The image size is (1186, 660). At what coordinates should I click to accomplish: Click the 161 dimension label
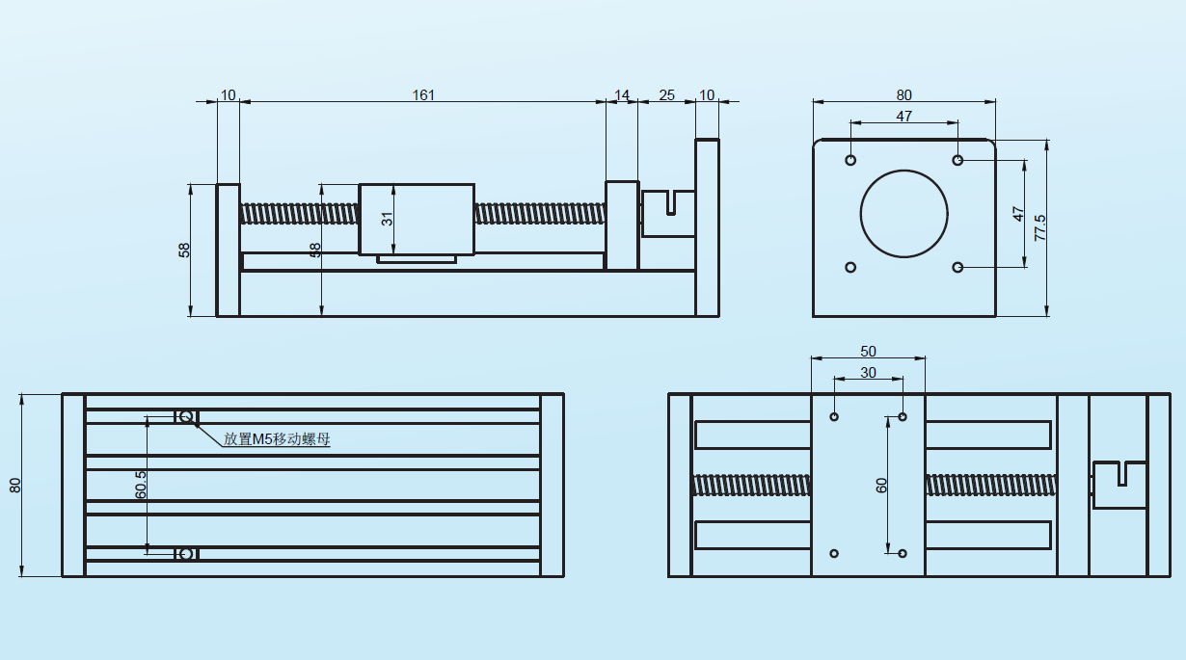point(423,95)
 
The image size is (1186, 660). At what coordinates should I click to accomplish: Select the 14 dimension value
point(622,95)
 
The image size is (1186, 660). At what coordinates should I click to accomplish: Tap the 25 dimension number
point(666,95)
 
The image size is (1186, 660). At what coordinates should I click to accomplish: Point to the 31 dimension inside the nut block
point(387,219)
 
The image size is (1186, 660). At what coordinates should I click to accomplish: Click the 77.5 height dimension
point(1039,227)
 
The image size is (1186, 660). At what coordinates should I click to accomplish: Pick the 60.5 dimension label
point(141,485)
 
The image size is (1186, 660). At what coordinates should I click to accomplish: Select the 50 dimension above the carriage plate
point(869,352)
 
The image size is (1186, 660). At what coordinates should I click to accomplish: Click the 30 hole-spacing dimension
point(869,373)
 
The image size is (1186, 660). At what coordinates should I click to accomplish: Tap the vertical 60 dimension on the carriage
point(881,486)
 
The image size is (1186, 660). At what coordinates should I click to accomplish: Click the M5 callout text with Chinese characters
point(277,439)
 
